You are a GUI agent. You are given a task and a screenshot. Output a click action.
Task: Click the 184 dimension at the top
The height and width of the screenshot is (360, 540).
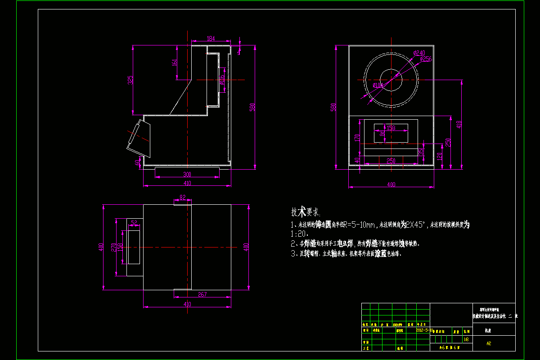[x=211, y=39]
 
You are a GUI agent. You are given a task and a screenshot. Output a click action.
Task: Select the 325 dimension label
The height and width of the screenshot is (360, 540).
[x=130, y=80]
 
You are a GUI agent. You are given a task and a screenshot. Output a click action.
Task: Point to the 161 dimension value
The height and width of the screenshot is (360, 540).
[x=175, y=63]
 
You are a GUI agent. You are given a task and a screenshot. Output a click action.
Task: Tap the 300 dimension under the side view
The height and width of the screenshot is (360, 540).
[x=187, y=174]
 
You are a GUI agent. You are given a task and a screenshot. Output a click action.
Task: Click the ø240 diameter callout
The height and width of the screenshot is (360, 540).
[x=419, y=53]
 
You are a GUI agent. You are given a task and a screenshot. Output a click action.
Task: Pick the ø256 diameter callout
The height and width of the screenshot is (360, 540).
[x=426, y=59]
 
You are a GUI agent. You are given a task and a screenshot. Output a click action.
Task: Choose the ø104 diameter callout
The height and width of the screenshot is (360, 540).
[x=378, y=85]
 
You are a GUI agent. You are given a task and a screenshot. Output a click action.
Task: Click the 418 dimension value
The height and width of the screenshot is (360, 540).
[x=459, y=124]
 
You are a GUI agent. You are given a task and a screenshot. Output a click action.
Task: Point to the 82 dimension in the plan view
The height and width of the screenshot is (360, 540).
[x=182, y=198]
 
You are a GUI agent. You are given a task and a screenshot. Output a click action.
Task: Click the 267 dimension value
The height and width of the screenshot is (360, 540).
[x=202, y=295]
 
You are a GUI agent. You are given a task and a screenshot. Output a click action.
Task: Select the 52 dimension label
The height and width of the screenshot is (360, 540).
[x=134, y=222]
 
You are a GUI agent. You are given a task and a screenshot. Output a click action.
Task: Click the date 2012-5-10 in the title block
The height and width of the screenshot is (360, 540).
[x=424, y=330]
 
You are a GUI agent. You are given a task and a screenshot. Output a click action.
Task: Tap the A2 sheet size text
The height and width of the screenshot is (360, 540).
[x=488, y=343]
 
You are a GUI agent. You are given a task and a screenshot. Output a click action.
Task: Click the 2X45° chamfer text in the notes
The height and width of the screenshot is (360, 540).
[x=414, y=224]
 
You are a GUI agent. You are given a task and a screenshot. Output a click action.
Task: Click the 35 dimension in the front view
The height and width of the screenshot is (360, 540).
[x=421, y=152]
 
